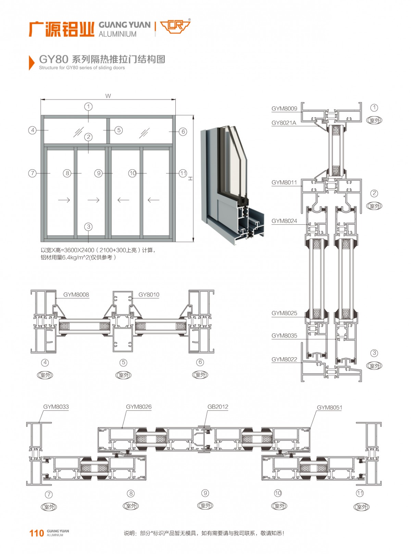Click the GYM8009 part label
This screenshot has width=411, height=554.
284,109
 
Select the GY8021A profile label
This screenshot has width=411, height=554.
284,123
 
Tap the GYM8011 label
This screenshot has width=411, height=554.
284,183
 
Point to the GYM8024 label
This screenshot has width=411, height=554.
284,221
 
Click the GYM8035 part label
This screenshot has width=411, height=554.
284,336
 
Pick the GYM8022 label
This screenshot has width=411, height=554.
284,359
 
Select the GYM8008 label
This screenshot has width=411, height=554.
76,295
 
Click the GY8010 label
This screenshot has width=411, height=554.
149,295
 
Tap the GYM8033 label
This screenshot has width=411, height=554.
56,407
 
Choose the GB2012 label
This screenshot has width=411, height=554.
218,407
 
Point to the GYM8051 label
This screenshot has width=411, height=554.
329,408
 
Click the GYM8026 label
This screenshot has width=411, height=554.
139,407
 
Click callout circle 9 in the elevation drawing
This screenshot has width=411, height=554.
99,173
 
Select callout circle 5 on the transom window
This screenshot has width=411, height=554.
119,130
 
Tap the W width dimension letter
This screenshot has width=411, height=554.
108,96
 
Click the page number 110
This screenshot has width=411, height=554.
36,533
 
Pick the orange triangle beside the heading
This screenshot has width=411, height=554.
32,62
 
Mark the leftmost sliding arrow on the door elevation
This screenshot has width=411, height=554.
64,200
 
